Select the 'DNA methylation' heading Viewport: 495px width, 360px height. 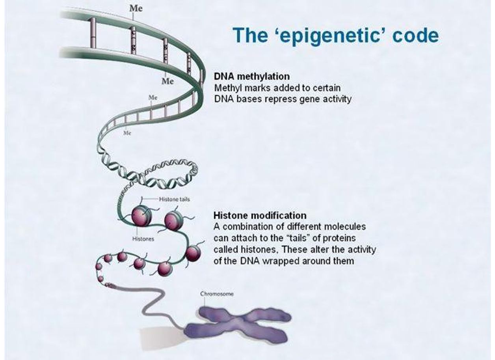coord(252,76)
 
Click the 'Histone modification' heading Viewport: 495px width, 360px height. coord(260,215)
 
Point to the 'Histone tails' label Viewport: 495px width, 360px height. coord(174,199)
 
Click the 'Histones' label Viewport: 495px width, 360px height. coord(143,239)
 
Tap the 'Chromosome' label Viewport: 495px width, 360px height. coord(217,294)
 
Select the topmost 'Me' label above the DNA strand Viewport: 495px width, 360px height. coord(136,8)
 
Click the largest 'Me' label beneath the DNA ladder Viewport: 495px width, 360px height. coord(168,81)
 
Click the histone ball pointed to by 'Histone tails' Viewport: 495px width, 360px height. coord(141,216)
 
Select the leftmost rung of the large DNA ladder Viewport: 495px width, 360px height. coord(93,32)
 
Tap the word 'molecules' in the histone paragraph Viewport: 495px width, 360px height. coord(345,227)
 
